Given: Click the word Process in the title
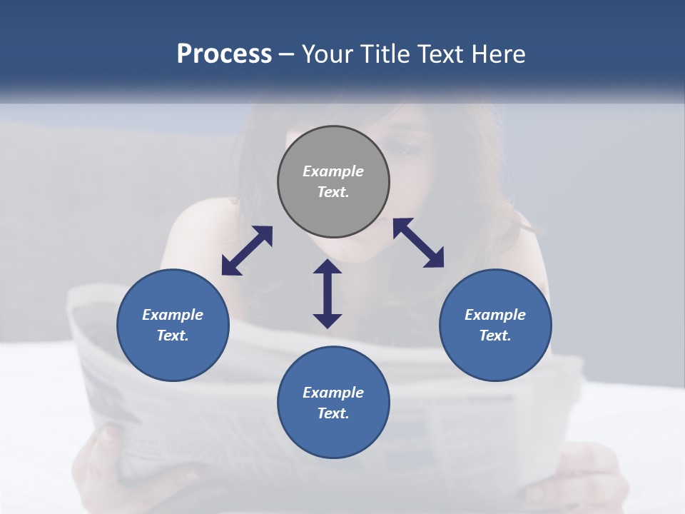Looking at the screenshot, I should click(224, 54).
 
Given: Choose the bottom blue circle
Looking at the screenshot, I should click(333, 435).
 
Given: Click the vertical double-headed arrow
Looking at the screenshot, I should click(328, 293).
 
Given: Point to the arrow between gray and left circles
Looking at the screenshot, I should click(247, 251).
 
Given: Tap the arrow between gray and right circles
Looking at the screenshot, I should click(418, 243).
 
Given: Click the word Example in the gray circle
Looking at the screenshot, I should click(333, 171).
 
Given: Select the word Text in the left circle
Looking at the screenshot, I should click(173, 336).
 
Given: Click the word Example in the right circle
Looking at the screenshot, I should click(495, 315).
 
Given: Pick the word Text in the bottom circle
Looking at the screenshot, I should click(333, 413).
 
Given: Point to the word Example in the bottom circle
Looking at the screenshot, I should click(333, 393).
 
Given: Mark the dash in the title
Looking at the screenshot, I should click(287, 55).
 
